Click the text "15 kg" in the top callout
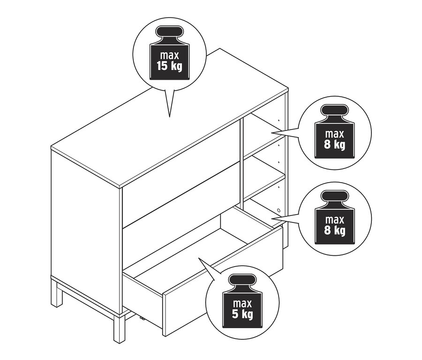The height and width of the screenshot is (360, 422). pos(169,66)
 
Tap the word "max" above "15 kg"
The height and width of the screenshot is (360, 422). pos(170,55)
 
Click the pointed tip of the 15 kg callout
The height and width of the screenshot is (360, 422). pos(169,117)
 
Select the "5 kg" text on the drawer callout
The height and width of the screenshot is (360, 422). pos(242,314)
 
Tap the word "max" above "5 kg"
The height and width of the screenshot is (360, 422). pos(242,303)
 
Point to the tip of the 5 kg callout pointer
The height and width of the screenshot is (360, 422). pos(199,258)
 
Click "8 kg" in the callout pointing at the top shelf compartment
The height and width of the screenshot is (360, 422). pos(334,145)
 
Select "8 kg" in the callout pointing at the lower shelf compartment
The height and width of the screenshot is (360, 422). pos(334,230)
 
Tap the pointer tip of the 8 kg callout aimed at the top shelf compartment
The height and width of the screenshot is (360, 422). pos(271,132)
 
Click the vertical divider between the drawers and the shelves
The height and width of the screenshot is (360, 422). pos(241,161)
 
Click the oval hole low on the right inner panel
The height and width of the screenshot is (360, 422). pos(279,210)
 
